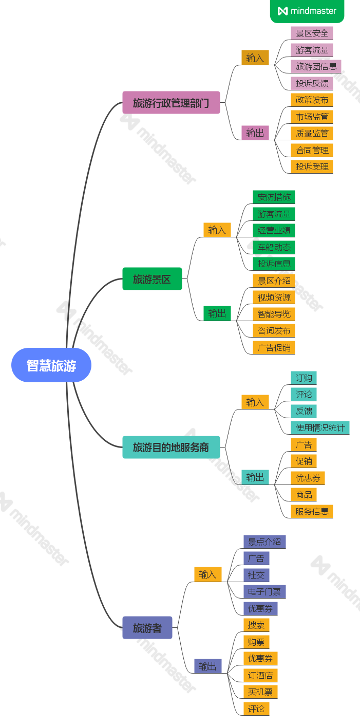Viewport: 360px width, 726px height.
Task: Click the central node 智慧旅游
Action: point(51,365)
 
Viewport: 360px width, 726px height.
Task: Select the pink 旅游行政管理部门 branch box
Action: point(171,103)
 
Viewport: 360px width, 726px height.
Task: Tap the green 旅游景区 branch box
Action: point(152,280)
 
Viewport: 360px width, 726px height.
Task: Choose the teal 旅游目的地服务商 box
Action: point(171,447)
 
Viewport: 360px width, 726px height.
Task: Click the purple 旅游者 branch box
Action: point(147,628)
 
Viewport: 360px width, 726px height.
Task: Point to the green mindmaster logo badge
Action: point(307,11)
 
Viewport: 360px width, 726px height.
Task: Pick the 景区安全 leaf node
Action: point(312,33)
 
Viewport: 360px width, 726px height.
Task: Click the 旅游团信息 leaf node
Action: point(316,66)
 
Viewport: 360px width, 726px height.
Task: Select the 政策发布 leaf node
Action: point(312,100)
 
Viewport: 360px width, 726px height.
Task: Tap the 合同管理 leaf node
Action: point(312,150)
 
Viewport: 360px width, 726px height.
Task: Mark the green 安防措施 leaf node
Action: point(274,197)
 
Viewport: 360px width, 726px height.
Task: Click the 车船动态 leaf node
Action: point(274,247)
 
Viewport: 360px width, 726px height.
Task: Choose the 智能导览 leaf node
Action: point(274,314)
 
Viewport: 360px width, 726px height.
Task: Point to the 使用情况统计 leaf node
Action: point(320,427)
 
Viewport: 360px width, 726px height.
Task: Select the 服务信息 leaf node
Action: point(312,511)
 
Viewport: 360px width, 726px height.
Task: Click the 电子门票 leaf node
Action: point(264,592)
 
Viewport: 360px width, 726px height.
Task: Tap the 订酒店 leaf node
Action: point(260,675)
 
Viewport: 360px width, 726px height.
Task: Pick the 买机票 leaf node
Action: point(260,692)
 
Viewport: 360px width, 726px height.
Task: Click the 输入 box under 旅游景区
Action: point(217,230)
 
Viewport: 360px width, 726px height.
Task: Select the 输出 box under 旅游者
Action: point(207,666)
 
